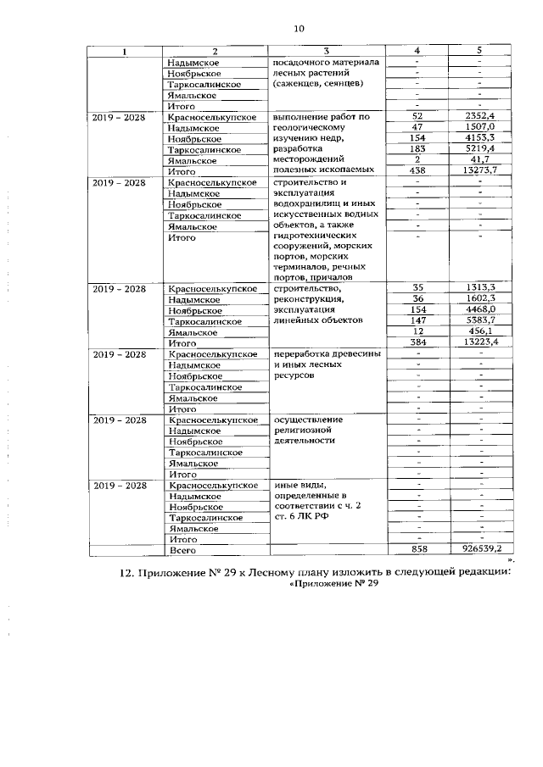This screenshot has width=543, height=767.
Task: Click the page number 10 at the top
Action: coord(298,28)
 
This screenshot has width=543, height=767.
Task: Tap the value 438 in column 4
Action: coord(417,171)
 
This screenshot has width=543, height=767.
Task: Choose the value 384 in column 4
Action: coord(417,342)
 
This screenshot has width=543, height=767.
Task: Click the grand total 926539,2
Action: coord(481,550)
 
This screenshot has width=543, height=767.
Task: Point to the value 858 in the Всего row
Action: coord(417,550)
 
